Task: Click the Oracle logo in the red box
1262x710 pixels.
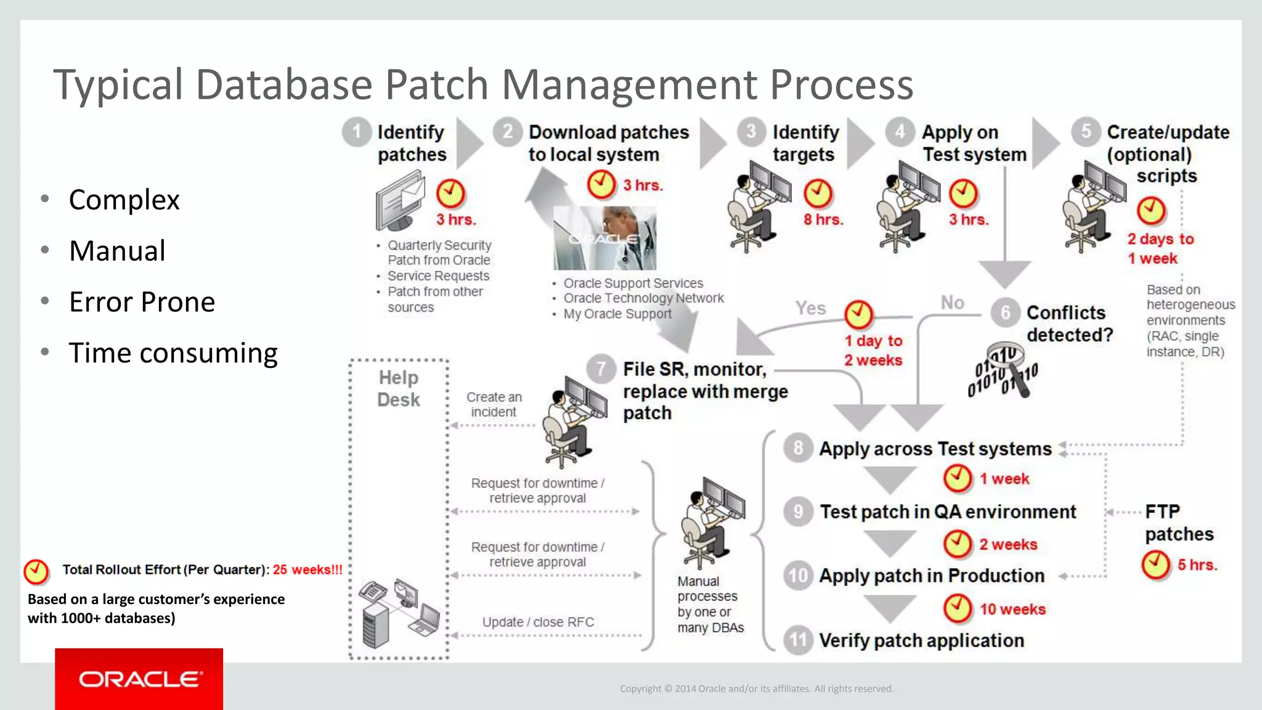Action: click(140, 679)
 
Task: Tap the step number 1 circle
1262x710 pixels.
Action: click(356, 132)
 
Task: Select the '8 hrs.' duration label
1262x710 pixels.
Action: click(823, 219)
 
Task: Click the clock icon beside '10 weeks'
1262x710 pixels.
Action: click(958, 608)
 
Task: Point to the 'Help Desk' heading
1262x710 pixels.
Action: click(399, 388)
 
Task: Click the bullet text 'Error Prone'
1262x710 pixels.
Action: click(142, 302)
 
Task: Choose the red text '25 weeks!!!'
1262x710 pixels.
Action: click(307, 569)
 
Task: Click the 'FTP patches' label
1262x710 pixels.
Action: click(1178, 523)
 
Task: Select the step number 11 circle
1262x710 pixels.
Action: click(798, 640)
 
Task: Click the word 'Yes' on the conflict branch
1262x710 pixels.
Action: click(810, 308)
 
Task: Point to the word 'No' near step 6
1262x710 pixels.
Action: click(952, 303)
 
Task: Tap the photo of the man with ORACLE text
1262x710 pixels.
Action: click(605, 238)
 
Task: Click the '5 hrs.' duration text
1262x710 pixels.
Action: click(1197, 565)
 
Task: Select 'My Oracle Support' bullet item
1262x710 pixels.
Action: click(617, 314)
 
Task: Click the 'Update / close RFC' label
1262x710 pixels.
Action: click(538, 622)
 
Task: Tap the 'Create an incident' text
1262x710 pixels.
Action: click(494, 404)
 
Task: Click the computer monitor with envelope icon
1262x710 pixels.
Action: click(401, 201)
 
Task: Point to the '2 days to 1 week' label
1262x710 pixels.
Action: click(1160, 248)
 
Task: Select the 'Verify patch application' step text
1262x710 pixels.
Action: click(921, 640)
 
